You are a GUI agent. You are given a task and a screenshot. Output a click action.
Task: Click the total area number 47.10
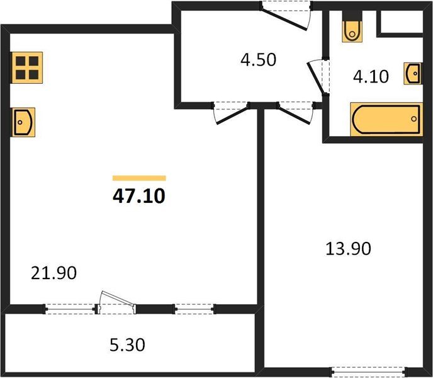coord(139,196)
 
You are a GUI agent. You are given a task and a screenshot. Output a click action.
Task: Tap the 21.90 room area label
coord(53,273)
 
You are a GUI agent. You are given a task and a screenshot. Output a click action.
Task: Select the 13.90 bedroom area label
coord(348,248)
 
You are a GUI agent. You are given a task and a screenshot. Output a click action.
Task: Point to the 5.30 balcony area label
coord(127,345)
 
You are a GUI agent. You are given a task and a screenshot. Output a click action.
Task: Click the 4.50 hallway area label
coord(258,60)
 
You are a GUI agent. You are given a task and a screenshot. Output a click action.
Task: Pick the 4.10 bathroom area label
coord(371,77)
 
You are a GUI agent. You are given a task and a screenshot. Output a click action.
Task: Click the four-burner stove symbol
coord(26,68)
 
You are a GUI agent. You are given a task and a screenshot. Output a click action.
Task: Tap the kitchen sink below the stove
coord(23,122)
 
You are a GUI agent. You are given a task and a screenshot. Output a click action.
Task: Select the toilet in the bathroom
coord(352,31)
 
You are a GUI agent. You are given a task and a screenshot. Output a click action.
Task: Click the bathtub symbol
coord(386,119)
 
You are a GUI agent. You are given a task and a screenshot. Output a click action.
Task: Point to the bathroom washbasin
coord(413,73)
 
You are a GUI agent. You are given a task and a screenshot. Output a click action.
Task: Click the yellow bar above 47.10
coord(139,178)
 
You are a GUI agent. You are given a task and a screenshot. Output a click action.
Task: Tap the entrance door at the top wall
coord(286,15)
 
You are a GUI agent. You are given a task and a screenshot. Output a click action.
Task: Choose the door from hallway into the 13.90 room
coord(296,113)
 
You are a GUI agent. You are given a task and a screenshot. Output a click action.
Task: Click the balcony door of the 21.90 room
coord(116,303)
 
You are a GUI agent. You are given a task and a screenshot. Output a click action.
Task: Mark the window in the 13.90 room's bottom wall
coord(369,372)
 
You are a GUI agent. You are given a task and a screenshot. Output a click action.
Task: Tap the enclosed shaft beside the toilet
coord(400,22)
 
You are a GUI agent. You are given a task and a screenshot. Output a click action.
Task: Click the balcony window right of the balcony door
coord(194,309)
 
